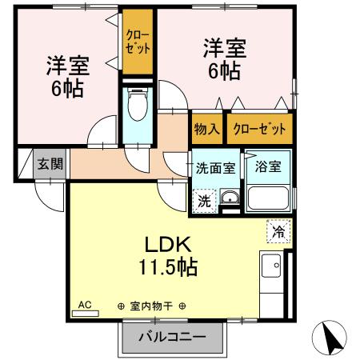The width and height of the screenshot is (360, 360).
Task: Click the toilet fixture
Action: [x=137, y=105]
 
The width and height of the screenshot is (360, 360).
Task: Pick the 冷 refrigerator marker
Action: [x=278, y=232]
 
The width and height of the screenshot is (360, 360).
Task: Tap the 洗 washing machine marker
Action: [x=204, y=201]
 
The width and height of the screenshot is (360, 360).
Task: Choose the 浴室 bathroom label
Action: [x=267, y=168]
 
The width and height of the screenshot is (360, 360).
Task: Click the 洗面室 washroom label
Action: [x=215, y=168]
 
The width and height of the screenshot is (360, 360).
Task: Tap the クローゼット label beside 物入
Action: [x=260, y=128]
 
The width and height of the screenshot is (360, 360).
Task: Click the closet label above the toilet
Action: [x=138, y=41]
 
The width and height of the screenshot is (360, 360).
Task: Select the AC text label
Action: [x=84, y=305]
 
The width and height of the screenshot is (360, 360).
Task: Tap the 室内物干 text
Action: [x=152, y=306]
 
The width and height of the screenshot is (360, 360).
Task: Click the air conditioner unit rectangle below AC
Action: [x=85, y=314]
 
